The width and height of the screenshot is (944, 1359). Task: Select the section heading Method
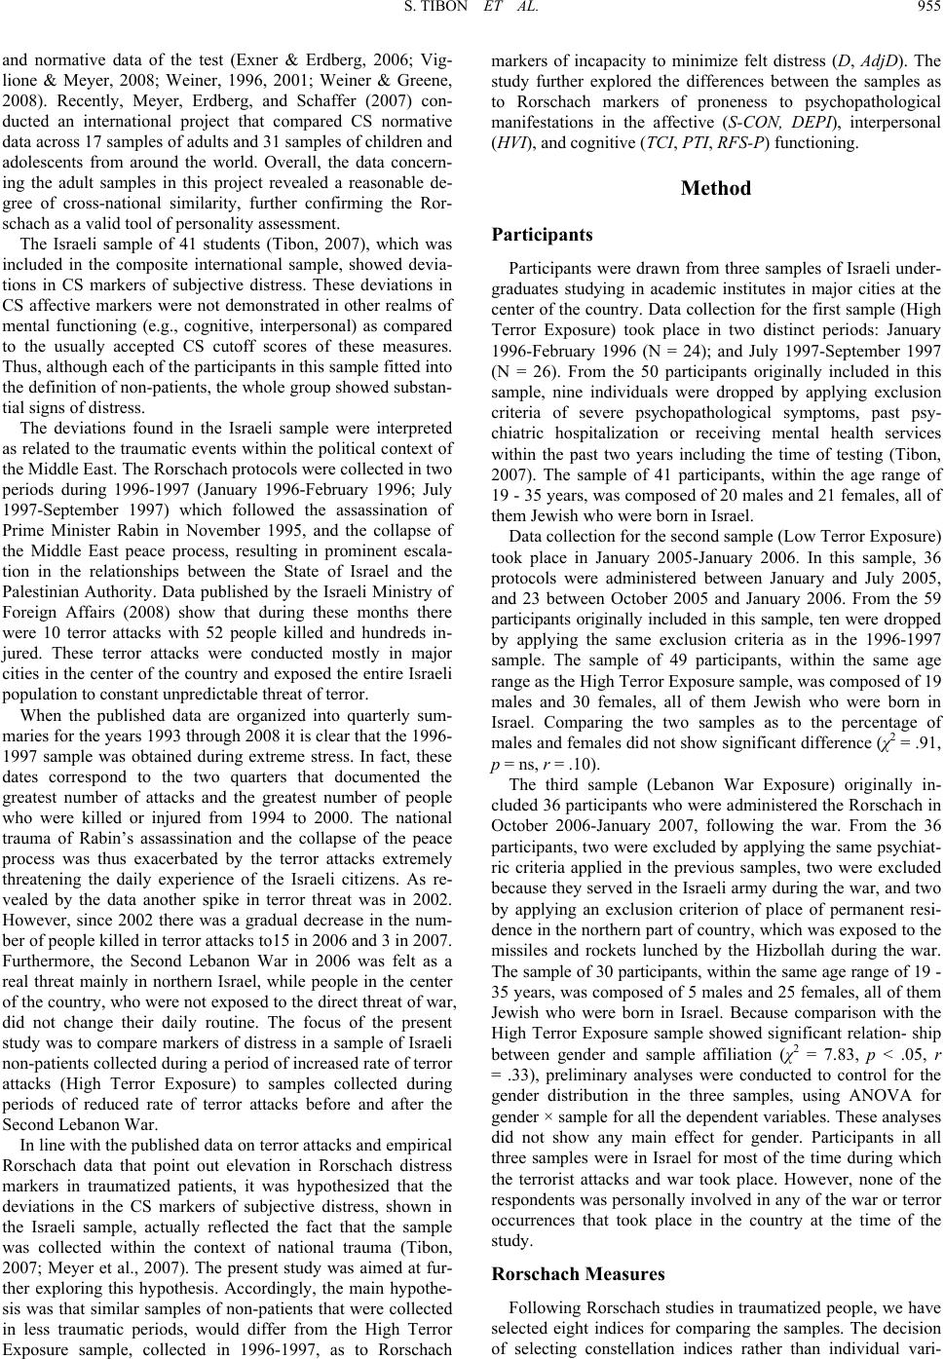tap(716, 188)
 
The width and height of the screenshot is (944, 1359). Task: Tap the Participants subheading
tap(541, 235)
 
